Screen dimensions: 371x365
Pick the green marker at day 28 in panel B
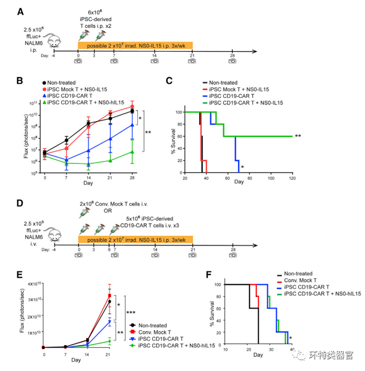[x=132, y=152]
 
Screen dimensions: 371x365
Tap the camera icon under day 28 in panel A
[x=232, y=61]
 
